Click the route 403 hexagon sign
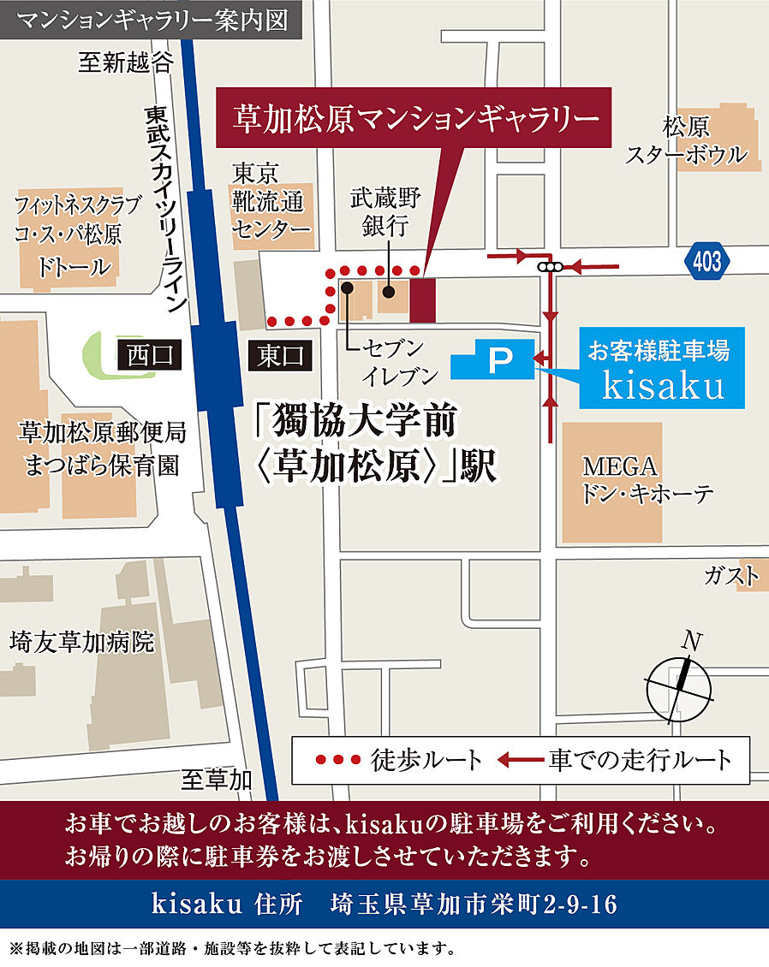tap(708, 261)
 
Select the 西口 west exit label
tap(150, 354)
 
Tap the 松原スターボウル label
tap(685, 141)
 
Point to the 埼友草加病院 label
tap(82, 641)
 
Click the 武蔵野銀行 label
tap(385, 211)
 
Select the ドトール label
tap(74, 266)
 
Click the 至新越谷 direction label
tap(125, 62)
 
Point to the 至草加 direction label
tap(217, 779)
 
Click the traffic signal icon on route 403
tap(549, 267)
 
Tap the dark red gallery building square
tap(422, 300)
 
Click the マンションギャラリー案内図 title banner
tap(151, 20)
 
